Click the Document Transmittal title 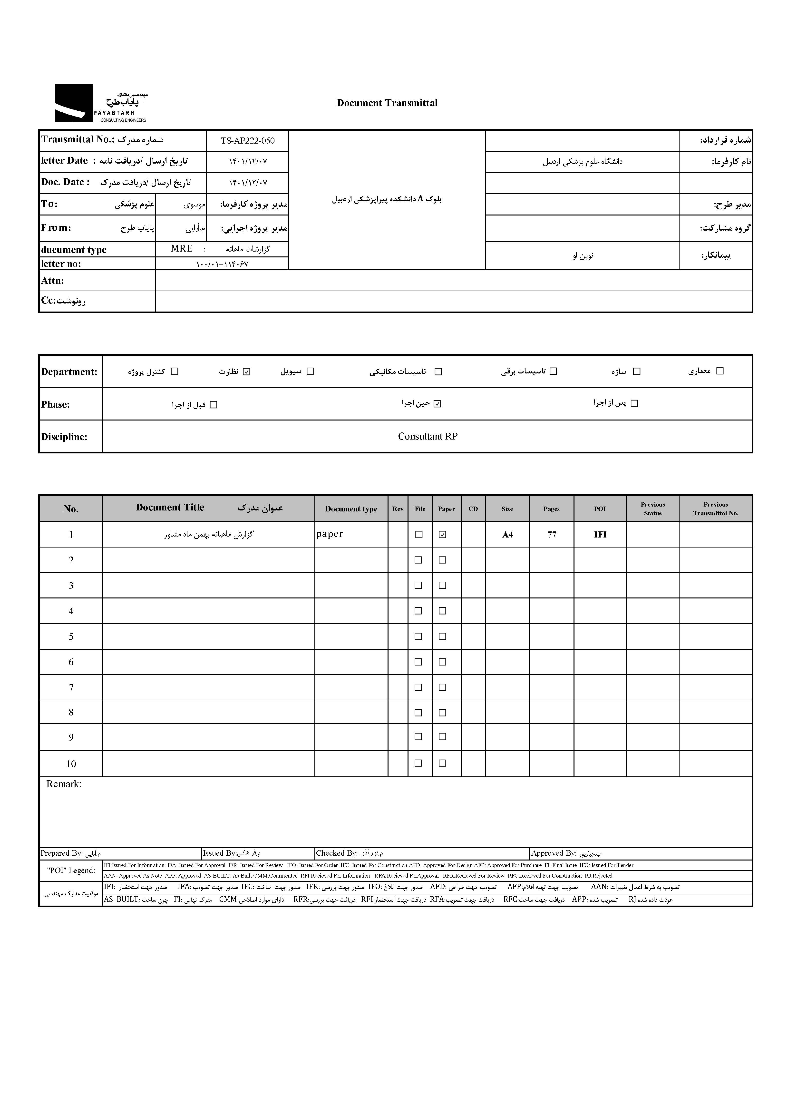[x=387, y=103]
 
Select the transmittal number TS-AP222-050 [x=248, y=141]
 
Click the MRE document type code [x=182, y=249]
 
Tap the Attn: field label [x=52, y=281]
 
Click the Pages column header [x=552, y=509]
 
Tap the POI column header [x=600, y=509]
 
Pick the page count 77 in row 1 [x=552, y=535]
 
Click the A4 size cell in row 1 [x=507, y=535]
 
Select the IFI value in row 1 [x=600, y=535]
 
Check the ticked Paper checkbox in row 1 [x=442, y=535]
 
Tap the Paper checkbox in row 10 [x=442, y=763]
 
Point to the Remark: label [x=64, y=784]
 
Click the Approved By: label [x=554, y=853]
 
